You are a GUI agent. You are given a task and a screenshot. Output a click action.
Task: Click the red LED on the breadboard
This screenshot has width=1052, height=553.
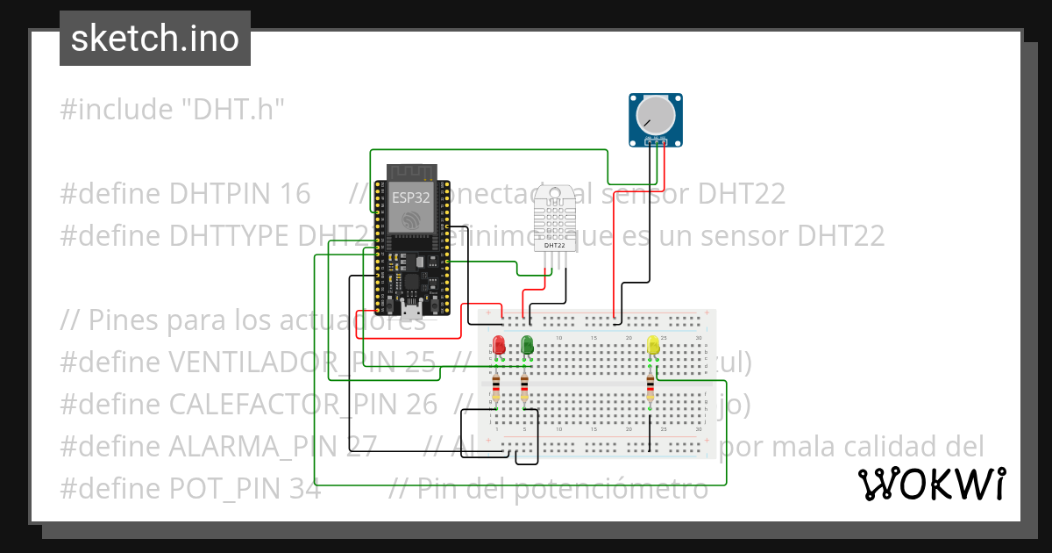point(499,345)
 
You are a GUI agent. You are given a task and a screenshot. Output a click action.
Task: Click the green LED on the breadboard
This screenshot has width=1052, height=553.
point(528,345)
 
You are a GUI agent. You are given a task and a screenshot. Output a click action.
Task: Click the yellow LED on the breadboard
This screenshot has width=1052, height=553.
point(653,345)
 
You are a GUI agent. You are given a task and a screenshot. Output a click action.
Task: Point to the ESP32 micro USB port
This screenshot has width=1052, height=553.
point(410,308)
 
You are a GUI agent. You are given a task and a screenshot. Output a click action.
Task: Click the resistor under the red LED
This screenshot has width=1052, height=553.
point(496,386)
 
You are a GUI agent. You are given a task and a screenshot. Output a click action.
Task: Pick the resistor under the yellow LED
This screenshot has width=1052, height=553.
point(650,386)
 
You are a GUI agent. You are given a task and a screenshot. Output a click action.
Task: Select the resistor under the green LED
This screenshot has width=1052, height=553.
point(524,386)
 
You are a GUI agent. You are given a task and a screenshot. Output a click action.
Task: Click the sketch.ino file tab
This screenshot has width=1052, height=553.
point(154,39)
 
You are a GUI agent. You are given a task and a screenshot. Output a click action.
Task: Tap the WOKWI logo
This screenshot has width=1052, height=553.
point(931,484)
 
